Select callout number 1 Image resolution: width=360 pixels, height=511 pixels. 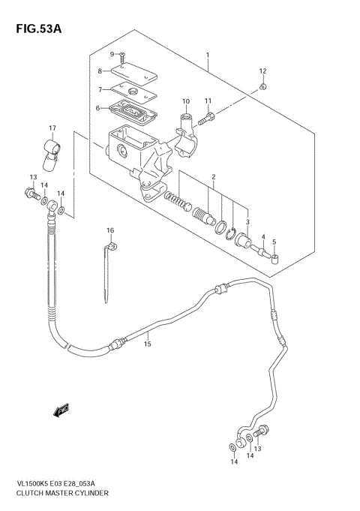click(x=208, y=56)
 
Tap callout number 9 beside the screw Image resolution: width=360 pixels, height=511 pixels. click(x=112, y=54)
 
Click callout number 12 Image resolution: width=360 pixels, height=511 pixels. click(x=262, y=71)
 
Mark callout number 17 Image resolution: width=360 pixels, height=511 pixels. click(x=52, y=128)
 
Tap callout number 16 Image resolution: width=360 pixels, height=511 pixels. click(x=109, y=230)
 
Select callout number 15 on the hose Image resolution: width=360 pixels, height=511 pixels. click(x=148, y=344)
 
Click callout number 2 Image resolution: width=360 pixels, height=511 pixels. click(x=213, y=177)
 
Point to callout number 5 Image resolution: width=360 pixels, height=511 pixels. click(x=274, y=242)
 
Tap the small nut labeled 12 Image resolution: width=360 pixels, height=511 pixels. click(x=262, y=87)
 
